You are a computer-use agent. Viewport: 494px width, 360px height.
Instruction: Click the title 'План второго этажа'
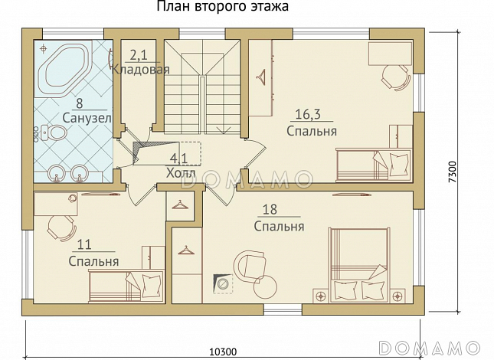(224, 8)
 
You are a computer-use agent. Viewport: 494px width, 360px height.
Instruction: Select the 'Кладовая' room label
(140, 69)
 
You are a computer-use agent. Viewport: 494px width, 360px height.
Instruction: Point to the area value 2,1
(139, 55)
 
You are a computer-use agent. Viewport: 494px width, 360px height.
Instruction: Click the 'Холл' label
(181, 173)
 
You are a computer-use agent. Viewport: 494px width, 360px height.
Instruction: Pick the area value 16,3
(308, 116)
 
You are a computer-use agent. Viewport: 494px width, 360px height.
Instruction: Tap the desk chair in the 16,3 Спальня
(396, 75)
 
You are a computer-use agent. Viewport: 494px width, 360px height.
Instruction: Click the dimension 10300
(222, 352)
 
